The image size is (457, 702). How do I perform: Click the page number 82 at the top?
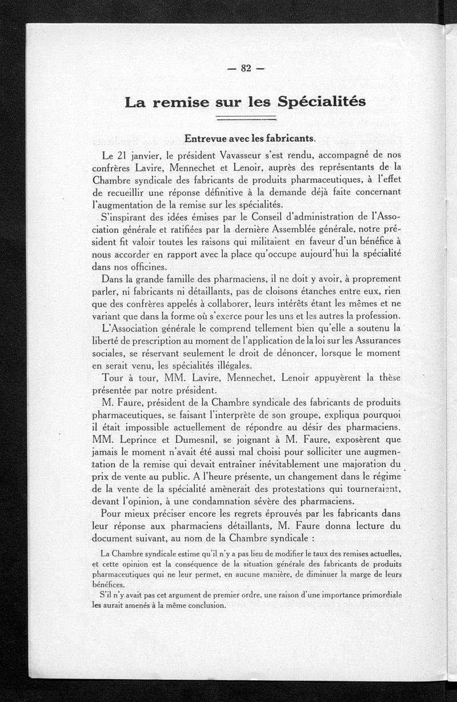pos(246,68)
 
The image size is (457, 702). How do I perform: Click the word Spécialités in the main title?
pos(322,103)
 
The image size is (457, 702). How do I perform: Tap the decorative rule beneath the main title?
pos(247,120)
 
